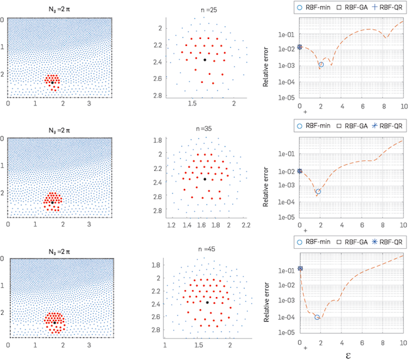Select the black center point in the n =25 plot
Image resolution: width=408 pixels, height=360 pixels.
[205, 60]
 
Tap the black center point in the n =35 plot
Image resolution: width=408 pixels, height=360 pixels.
[205, 179]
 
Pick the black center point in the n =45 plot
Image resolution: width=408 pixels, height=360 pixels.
[207, 302]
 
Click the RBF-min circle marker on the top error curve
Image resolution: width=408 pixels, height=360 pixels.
[321, 65]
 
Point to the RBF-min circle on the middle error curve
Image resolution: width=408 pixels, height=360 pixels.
[318, 191]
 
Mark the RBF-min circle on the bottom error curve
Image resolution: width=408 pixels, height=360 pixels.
[318, 317]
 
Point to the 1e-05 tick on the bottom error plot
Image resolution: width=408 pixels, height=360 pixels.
[287, 333]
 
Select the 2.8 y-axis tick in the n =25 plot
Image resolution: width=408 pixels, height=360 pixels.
[156, 95]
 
